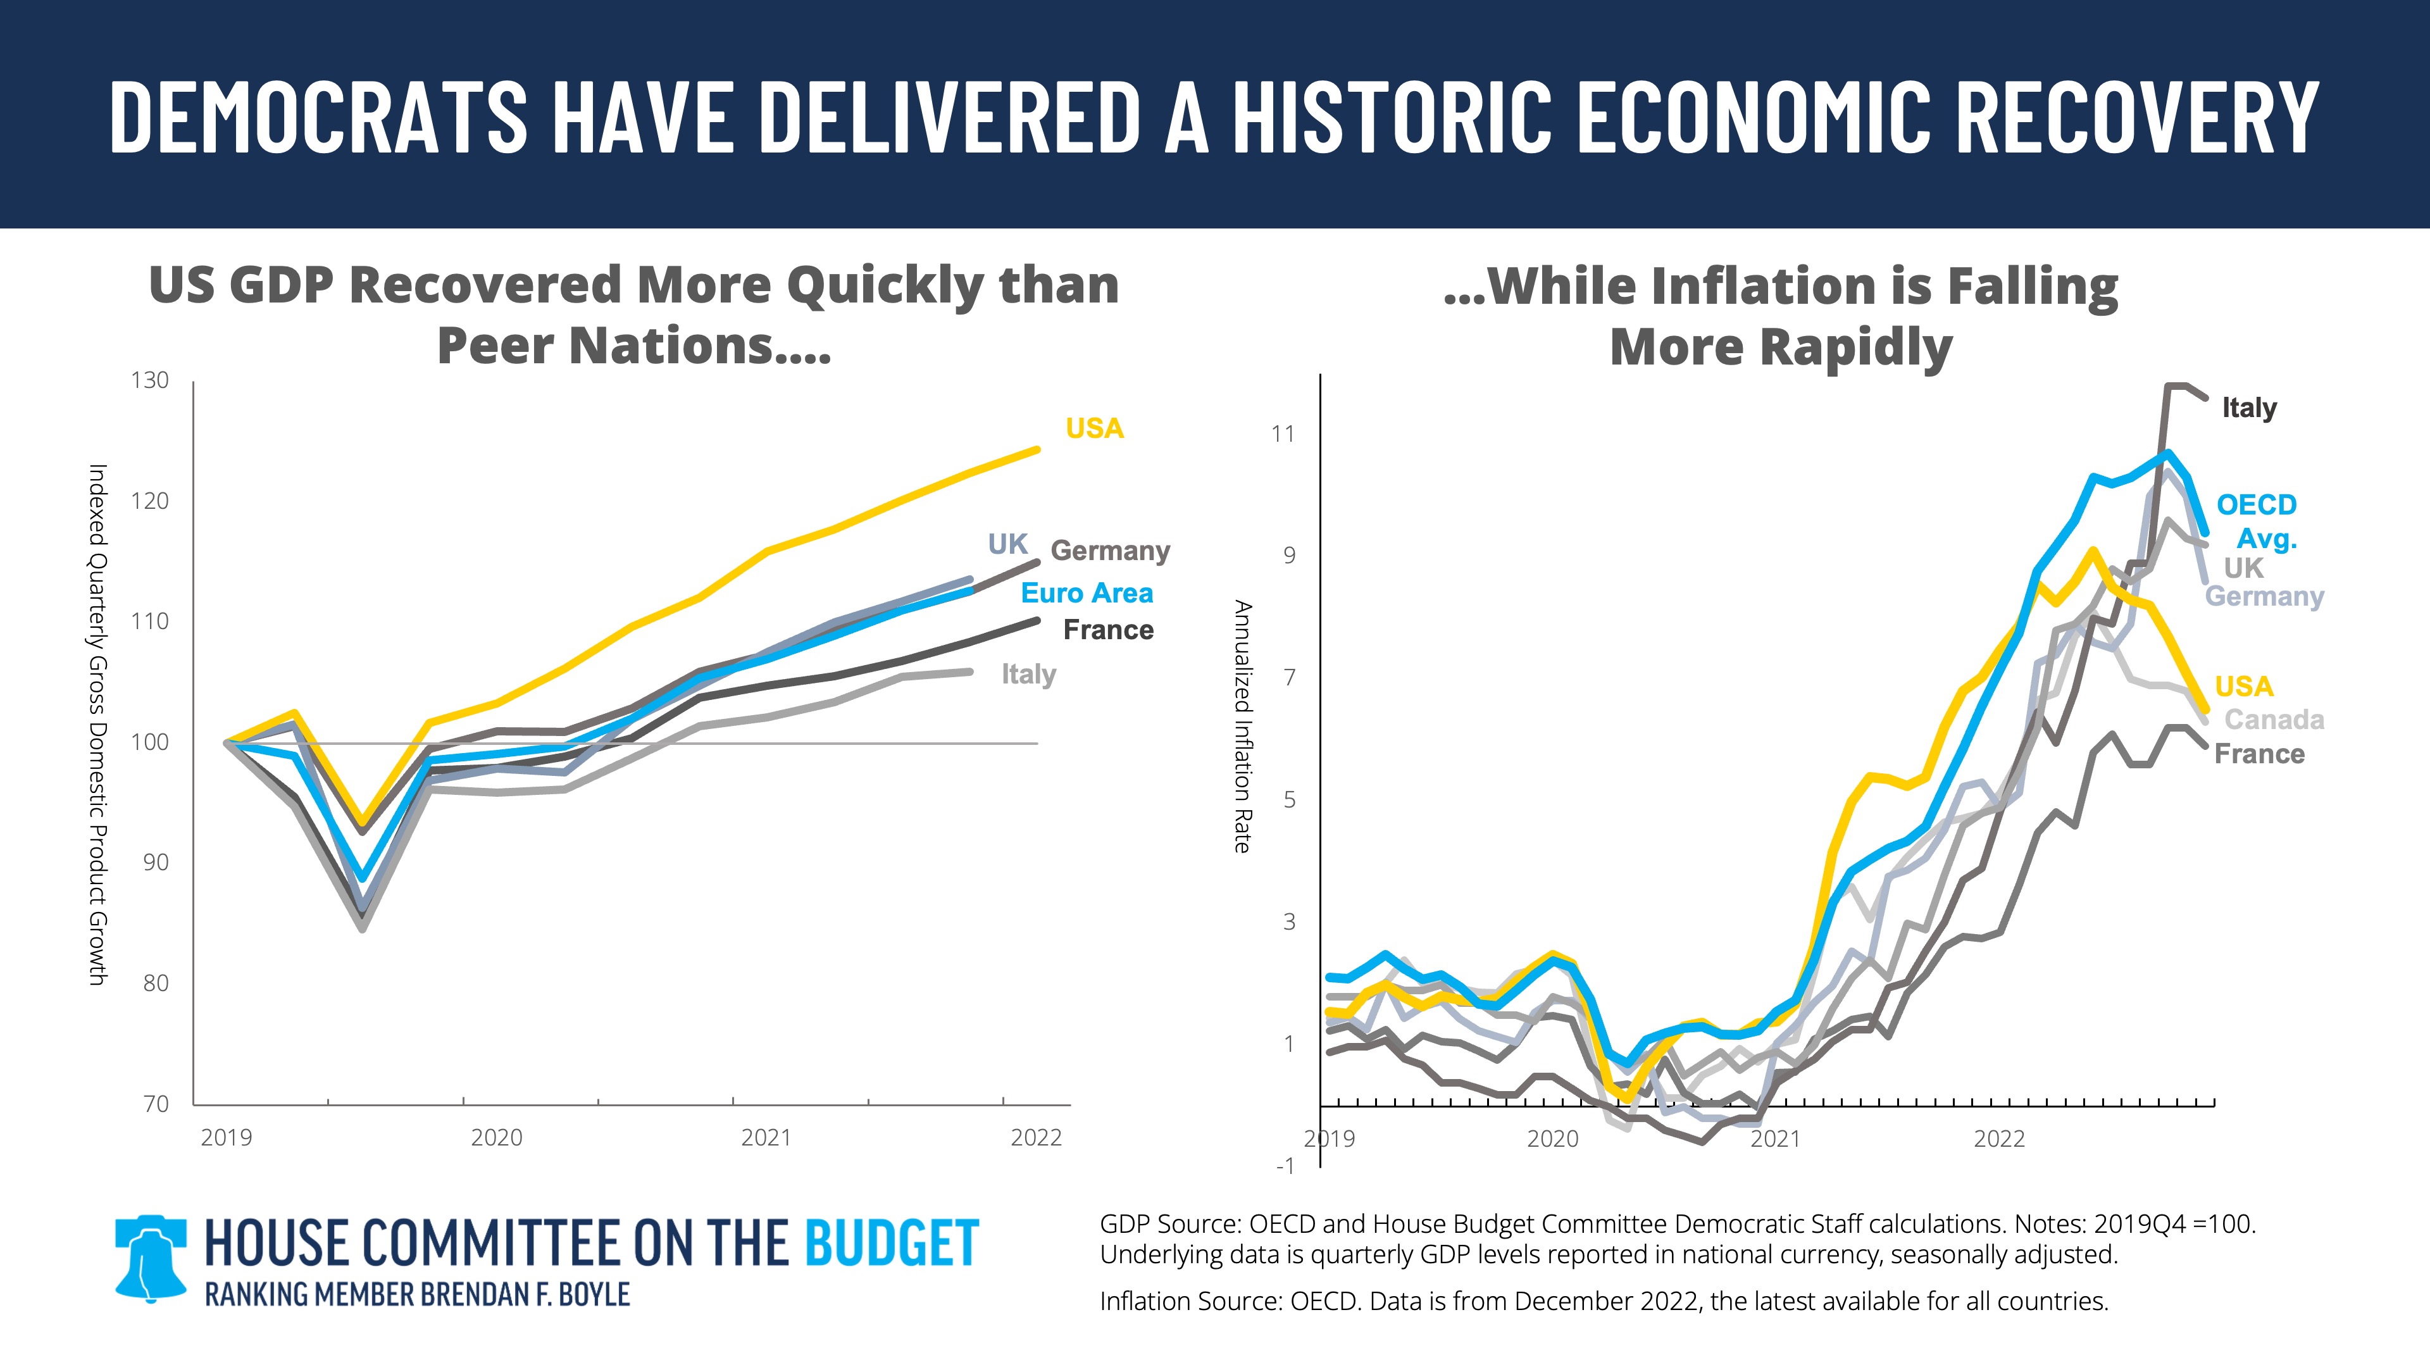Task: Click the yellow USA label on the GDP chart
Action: (x=1094, y=428)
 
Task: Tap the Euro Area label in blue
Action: (x=1087, y=594)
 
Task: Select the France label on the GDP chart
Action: (x=1109, y=630)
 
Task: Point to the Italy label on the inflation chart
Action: (x=2249, y=408)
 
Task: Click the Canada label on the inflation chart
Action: (x=2274, y=720)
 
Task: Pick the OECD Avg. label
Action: (x=2257, y=521)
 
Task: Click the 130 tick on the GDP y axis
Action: (x=149, y=380)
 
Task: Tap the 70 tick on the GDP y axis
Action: (x=156, y=1104)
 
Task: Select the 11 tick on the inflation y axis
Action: (x=1283, y=434)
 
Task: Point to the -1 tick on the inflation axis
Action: (x=1285, y=1166)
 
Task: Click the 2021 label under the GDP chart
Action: (x=766, y=1138)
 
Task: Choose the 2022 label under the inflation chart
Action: (x=1999, y=1139)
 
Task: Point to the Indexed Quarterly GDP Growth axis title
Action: (x=97, y=725)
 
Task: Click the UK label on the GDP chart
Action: (x=1007, y=544)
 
